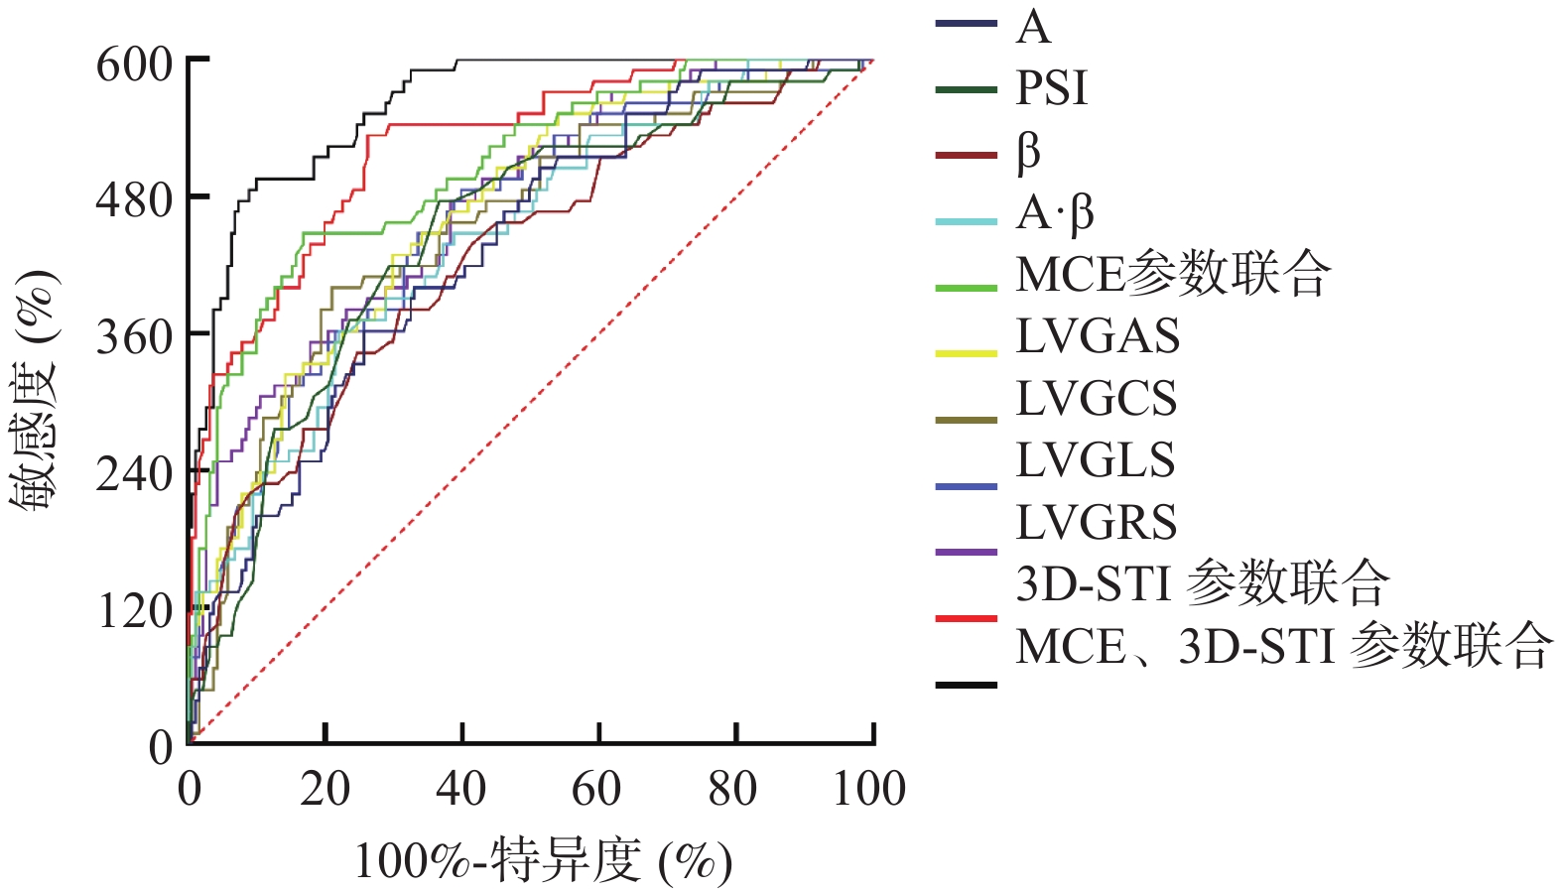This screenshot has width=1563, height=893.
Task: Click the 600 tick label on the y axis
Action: (x=134, y=65)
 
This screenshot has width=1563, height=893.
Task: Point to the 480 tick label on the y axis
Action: (x=134, y=201)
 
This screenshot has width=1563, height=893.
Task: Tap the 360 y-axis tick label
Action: (x=134, y=338)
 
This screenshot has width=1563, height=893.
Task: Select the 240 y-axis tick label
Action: (x=134, y=475)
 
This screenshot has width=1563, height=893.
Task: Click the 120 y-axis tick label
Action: (x=134, y=611)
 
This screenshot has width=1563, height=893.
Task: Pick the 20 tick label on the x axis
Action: (x=326, y=790)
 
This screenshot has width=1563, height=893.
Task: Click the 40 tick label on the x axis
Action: (x=461, y=790)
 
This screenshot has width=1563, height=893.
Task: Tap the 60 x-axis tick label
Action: (x=597, y=790)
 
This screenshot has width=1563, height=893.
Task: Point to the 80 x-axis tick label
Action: (x=733, y=790)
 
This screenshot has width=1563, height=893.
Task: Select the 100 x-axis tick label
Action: (x=869, y=790)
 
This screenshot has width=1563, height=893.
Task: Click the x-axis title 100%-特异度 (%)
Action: (x=543, y=861)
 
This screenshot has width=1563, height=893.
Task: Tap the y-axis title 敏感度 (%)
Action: (x=35, y=389)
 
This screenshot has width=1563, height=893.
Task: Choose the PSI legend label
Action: (x=1052, y=89)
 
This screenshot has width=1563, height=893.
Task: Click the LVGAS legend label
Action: (x=1098, y=337)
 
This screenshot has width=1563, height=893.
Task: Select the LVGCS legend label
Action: (x=1096, y=399)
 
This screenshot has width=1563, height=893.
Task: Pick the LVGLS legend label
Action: (x=1096, y=460)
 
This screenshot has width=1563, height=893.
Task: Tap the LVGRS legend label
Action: (x=1096, y=523)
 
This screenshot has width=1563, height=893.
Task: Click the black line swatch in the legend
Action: (x=966, y=685)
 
